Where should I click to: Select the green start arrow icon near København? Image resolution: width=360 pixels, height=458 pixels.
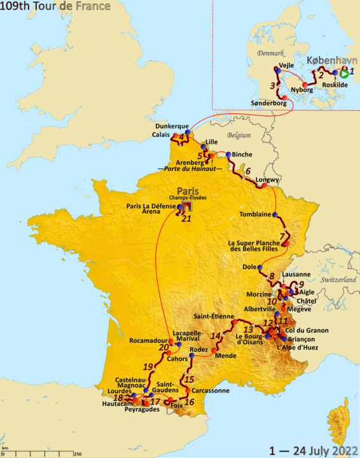344,73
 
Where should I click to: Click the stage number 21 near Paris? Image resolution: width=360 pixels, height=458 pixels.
186,219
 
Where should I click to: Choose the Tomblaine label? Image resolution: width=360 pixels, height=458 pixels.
255,214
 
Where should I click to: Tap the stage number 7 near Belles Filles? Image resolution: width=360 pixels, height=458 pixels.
280,236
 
